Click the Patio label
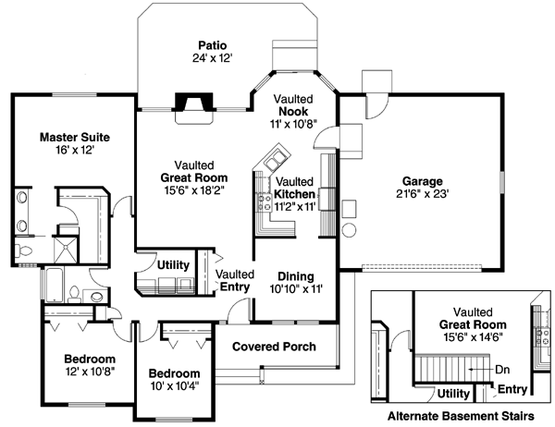pos(212,44)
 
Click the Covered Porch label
pos(273,347)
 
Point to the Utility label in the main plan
pos(173,265)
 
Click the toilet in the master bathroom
pos(24,250)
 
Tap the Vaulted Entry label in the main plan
pos(234,281)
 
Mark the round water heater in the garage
pos(350,229)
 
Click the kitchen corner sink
pos(274,155)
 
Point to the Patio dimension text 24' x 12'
pos(212,57)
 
